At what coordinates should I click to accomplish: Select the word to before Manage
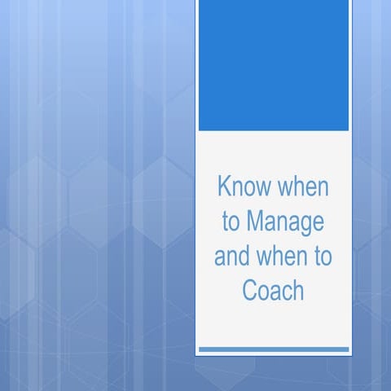(231, 222)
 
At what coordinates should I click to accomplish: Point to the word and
(231, 256)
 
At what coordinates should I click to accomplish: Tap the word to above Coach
(322, 256)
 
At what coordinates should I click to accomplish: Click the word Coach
(273, 290)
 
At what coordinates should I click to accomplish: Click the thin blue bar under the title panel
(273, 349)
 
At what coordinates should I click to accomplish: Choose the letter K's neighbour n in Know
(236, 189)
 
